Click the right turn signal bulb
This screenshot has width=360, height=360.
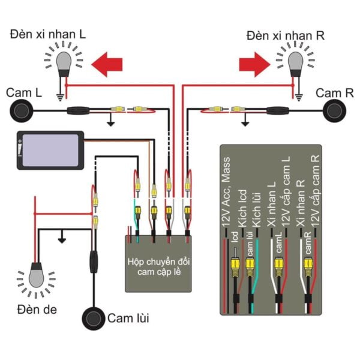(296, 62)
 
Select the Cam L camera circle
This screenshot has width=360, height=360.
(22, 110)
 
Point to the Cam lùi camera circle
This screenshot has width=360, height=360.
(94, 318)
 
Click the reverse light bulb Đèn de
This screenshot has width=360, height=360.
(36, 277)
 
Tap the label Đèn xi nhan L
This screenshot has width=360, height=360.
(48, 35)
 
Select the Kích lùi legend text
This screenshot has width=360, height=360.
(256, 207)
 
